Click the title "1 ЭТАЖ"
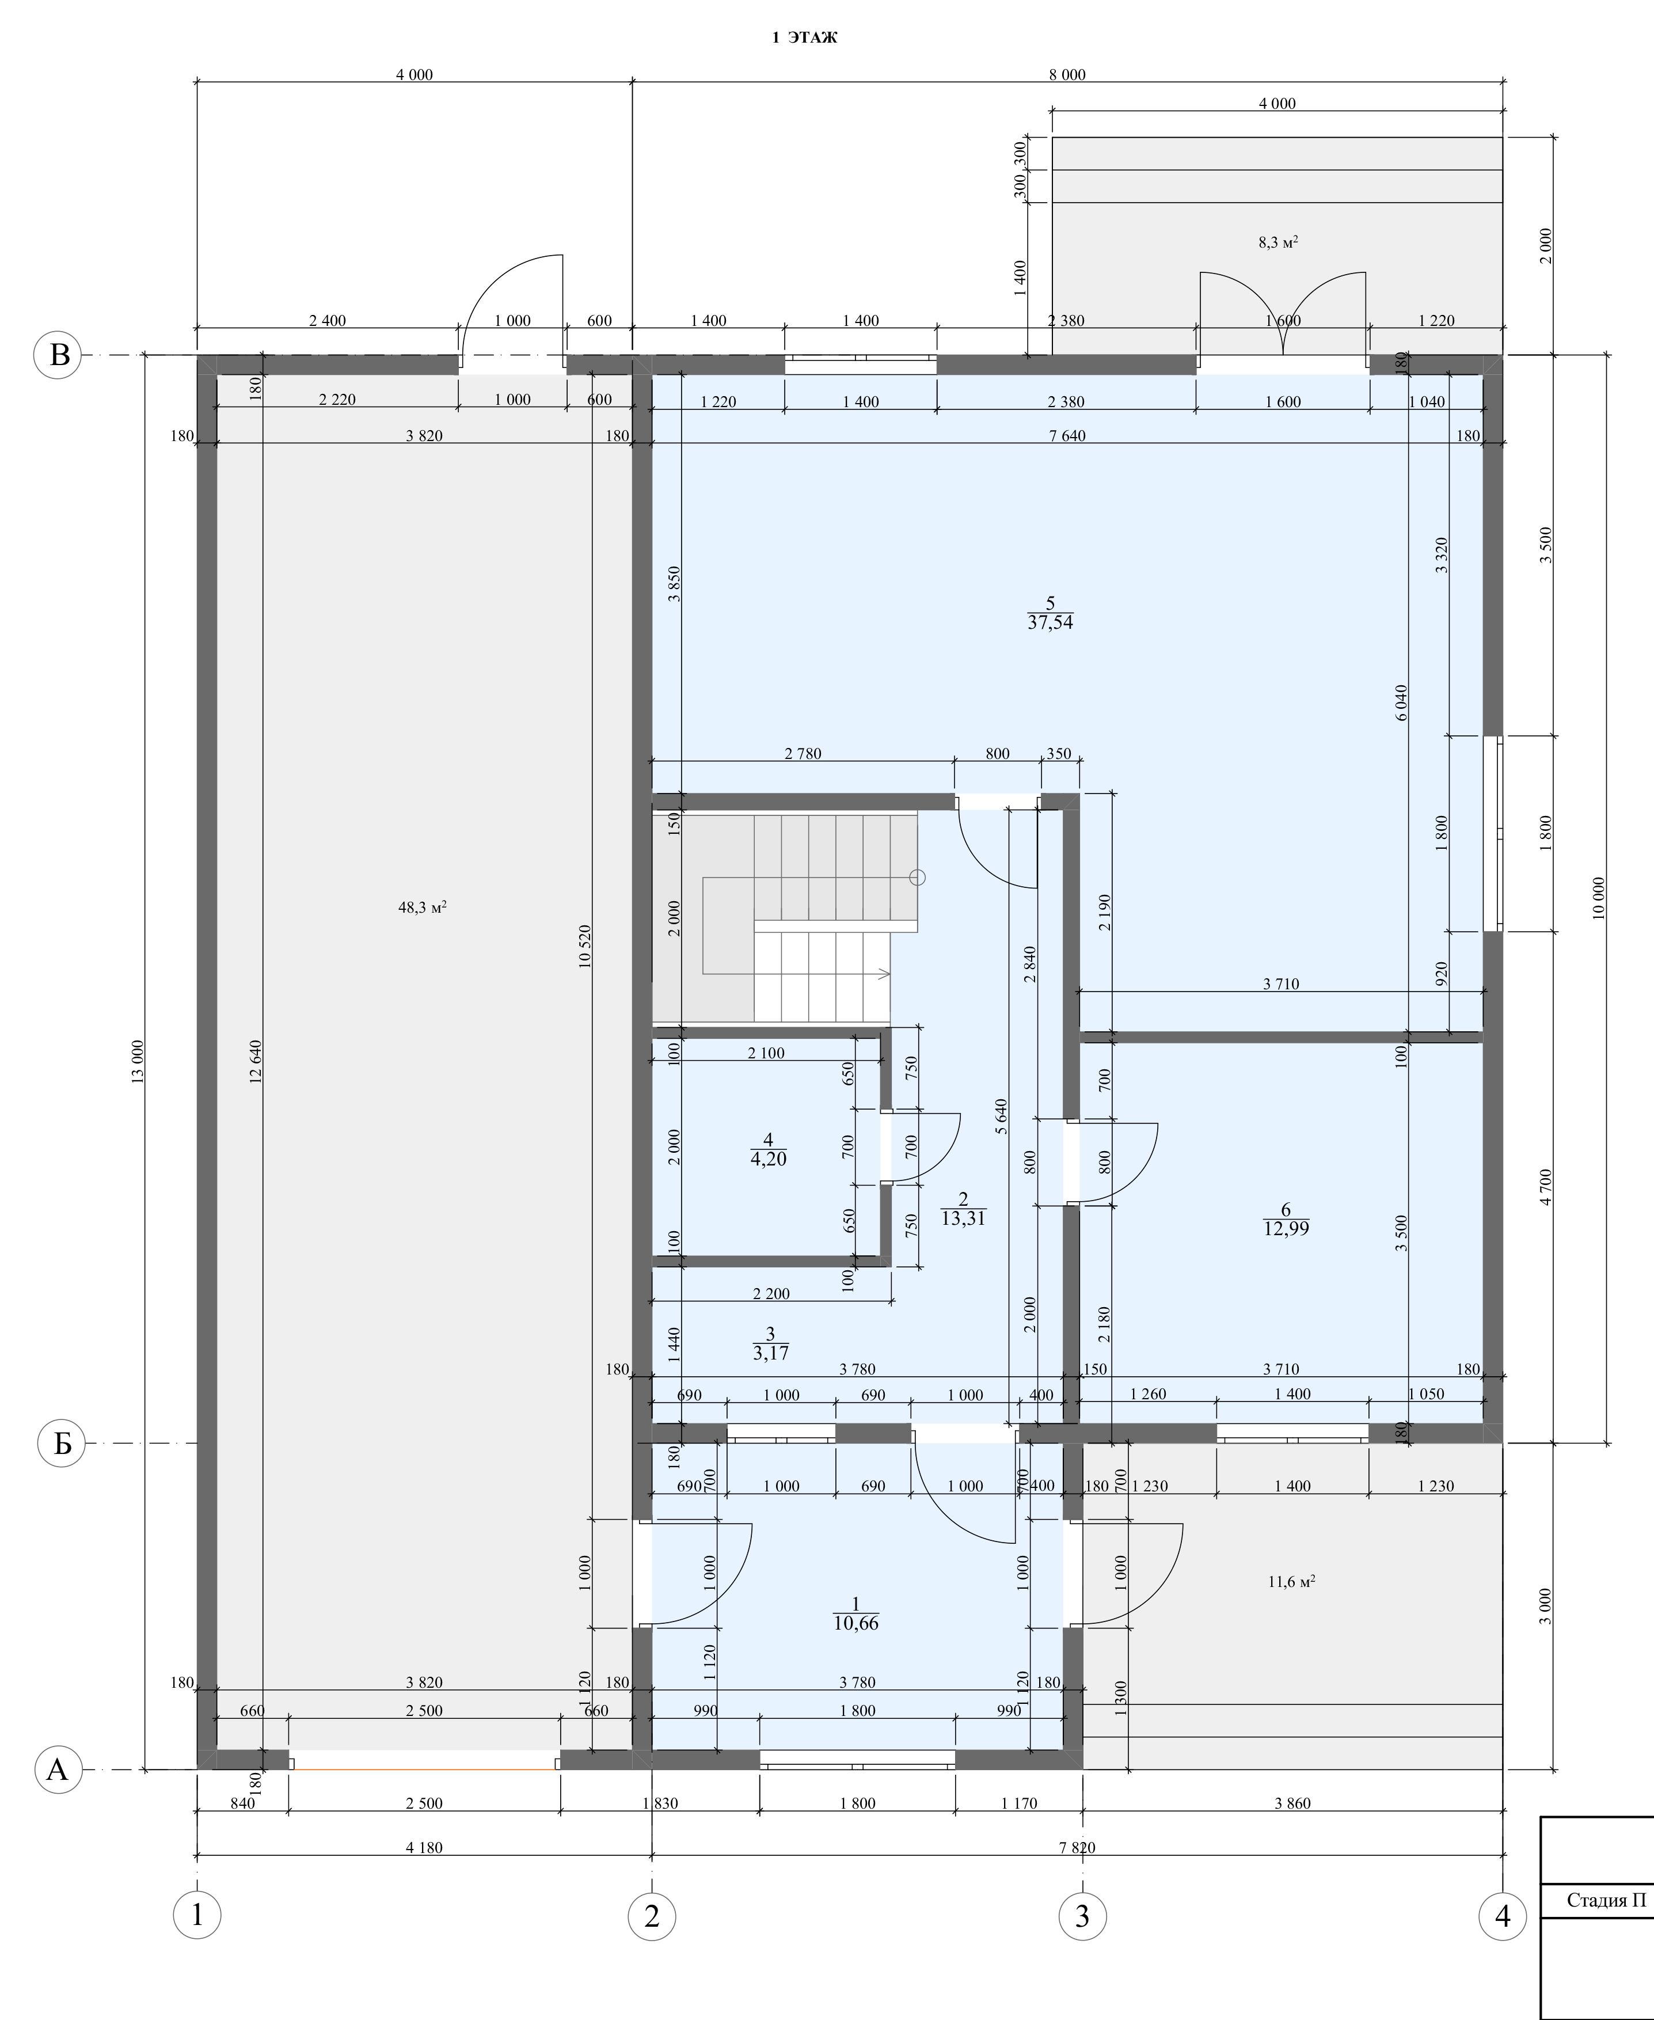coord(804,38)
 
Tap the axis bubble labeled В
coord(59,355)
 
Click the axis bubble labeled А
coord(58,1770)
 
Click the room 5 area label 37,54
coord(1051,623)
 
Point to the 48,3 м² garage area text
coord(423,907)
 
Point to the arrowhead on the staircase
coord(885,973)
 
